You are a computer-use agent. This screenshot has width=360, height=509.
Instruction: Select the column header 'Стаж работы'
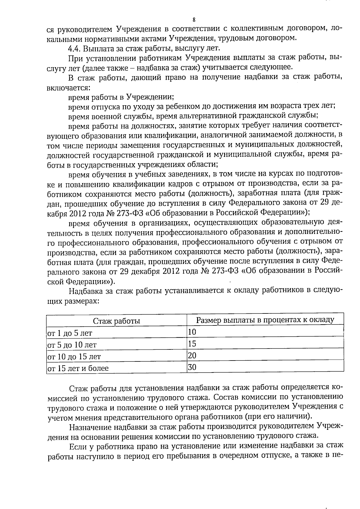click(116, 321)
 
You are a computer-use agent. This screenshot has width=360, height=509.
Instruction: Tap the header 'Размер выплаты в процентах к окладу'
click(265, 320)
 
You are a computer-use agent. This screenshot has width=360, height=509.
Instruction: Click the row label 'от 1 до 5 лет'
click(70, 333)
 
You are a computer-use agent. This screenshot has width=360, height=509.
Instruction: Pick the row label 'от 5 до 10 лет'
click(72, 345)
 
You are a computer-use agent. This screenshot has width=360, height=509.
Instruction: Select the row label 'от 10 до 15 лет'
click(74, 357)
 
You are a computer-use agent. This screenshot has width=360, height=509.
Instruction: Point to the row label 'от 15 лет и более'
click(78, 368)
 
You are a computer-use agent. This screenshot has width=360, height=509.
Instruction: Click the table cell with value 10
click(192, 332)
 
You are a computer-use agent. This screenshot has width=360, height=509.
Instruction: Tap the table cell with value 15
click(192, 343)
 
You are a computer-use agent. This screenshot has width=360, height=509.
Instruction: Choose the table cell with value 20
click(192, 355)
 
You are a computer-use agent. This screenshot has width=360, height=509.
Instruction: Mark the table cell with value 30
click(192, 367)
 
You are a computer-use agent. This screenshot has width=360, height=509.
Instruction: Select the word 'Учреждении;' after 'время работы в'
click(150, 97)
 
